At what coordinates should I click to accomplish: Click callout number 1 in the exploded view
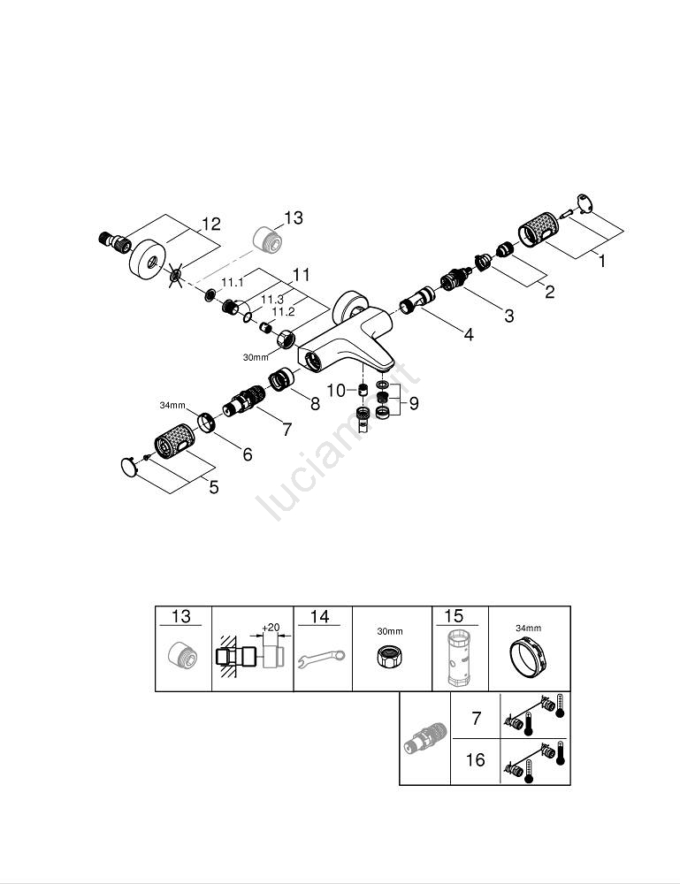coord(602,263)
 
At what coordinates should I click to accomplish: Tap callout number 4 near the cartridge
coord(468,335)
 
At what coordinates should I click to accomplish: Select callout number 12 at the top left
coord(210,225)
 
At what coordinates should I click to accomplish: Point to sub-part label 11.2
coord(283,312)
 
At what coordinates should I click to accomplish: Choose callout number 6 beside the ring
coord(248,454)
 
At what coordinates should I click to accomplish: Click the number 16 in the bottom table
coord(476,760)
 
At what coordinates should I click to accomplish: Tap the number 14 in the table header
coord(320,617)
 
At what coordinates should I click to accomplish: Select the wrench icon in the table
coord(323,659)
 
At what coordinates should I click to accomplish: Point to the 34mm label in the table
coord(529,628)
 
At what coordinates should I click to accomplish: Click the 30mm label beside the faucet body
coord(255,356)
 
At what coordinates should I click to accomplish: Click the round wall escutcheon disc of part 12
coord(146,261)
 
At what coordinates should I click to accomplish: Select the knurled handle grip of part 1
coord(541,234)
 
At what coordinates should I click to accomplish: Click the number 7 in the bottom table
coord(476,718)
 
